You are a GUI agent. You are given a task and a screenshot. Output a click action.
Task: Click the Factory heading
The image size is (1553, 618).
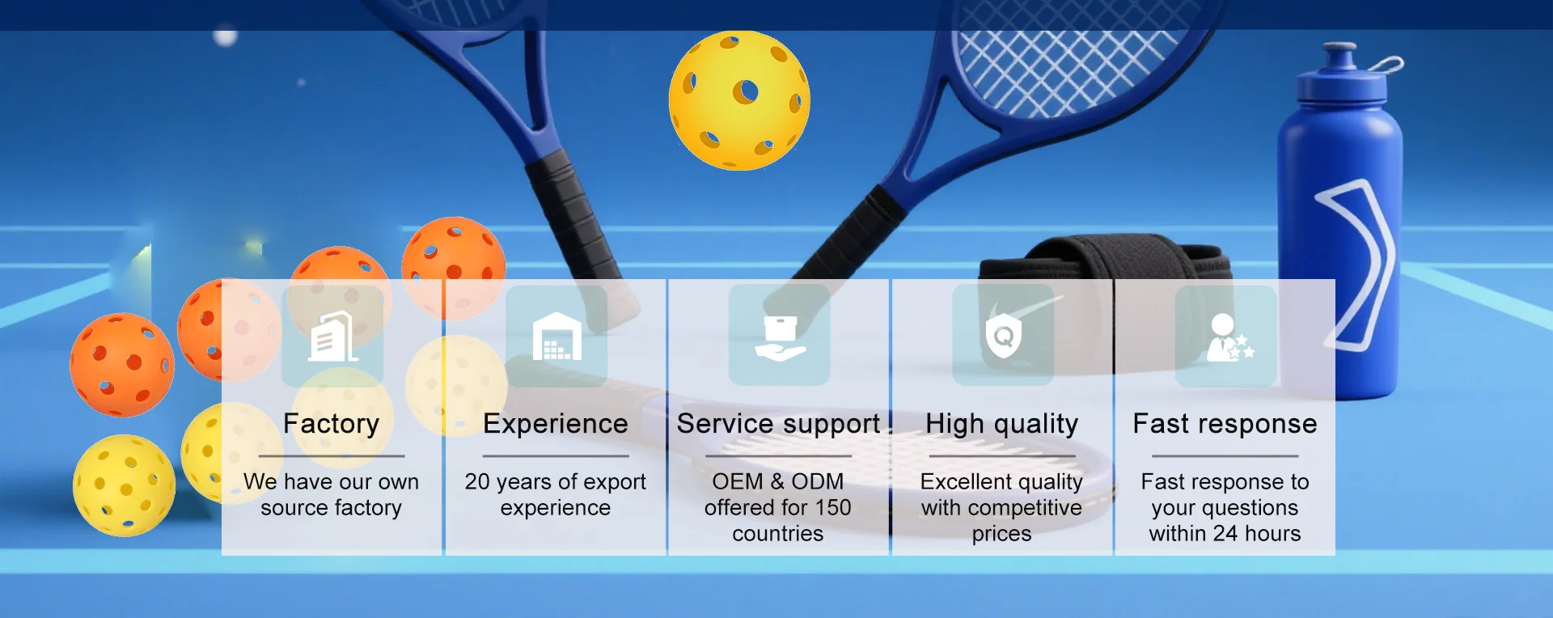[x=332, y=425]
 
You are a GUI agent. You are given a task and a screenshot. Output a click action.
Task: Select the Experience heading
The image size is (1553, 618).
[x=556, y=425]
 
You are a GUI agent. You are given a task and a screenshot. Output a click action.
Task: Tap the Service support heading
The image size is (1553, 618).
[x=778, y=425]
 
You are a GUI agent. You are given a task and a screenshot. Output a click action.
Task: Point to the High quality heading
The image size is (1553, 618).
[x=1001, y=425]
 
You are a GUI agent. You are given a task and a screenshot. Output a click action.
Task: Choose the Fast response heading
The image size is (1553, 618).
[x=1225, y=424]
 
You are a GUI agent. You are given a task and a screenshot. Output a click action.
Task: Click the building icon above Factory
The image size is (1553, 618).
[x=332, y=337]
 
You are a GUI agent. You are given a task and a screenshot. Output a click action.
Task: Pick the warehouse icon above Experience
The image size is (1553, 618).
[x=556, y=337]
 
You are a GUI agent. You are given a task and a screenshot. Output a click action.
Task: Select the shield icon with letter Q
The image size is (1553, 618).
[x=1004, y=336]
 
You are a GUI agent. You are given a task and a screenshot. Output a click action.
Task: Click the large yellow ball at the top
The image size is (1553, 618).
[x=739, y=101]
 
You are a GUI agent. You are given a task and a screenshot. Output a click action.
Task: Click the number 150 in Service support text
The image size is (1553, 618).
[x=833, y=508]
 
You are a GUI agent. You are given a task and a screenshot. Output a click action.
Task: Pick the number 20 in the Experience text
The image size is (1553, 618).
[x=477, y=482]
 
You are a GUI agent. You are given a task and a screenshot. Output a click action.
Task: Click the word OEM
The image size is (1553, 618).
[x=738, y=482]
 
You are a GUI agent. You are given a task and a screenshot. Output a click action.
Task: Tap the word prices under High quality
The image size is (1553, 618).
[x=1001, y=535]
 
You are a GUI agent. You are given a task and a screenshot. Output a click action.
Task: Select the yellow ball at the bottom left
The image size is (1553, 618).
[x=124, y=485]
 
